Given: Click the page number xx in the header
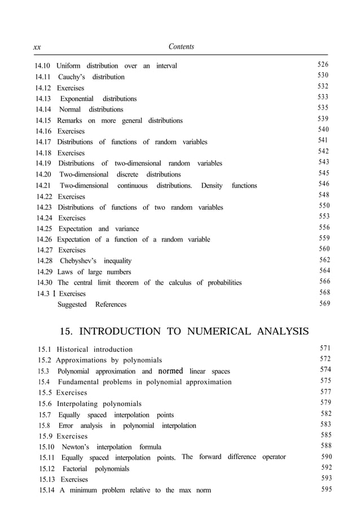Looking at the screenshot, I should click(x=37, y=47).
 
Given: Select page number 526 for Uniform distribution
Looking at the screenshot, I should click(x=323, y=65).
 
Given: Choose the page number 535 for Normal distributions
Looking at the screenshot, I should click(x=323, y=108).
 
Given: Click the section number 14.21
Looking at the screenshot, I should click(x=43, y=186).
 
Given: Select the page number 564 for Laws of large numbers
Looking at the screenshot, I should click(x=324, y=271).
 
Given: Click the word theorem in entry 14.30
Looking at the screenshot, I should click(x=130, y=283).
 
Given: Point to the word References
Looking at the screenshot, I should click(x=111, y=305).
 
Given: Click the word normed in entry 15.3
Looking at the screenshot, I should click(x=170, y=372).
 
